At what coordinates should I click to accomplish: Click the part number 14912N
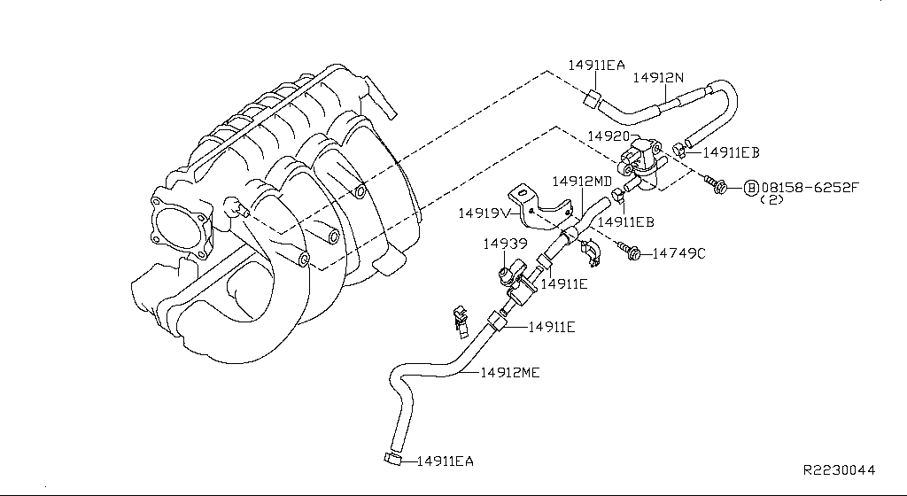(658, 78)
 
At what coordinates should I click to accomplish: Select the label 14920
(609, 137)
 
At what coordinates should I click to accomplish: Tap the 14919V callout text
(483, 213)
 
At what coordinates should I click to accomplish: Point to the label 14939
(506, 243)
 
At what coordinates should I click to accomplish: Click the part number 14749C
(679, 253)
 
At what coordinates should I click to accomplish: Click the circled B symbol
(749, 188)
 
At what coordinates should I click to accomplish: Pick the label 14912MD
(582, 182)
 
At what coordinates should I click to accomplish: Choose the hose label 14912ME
(510, 373)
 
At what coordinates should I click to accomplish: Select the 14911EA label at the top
(597, 65)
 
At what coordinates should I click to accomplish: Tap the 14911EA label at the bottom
(446, 461)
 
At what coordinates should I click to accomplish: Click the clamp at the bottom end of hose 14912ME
(391, 458)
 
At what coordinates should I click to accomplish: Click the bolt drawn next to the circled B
(716, 185)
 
